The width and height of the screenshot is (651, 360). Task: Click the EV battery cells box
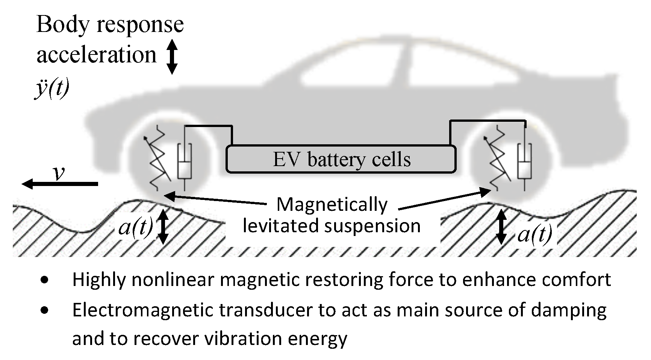[x=341, y=159]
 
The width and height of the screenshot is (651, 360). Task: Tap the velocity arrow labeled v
[x=60, y=184]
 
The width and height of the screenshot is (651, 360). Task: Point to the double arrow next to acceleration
[x=172, y=56]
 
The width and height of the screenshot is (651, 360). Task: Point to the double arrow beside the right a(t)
[x=501, y=227]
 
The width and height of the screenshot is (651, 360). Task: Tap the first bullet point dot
[x=45, y=280]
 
